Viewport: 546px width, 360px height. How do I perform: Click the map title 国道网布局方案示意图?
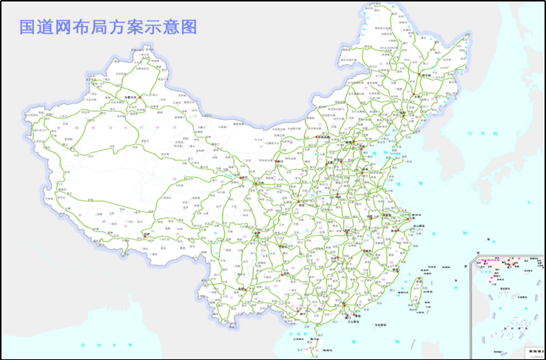tap(108, 27)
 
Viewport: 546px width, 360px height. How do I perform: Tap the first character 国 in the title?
tap(28, 27)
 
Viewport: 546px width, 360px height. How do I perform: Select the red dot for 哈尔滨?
tap(423, 75)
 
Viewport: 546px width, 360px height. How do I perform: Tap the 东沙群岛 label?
tap(380, 325)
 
